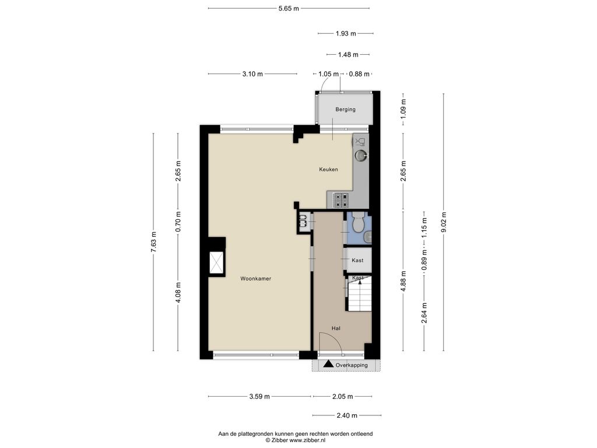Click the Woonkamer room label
click(255, 279)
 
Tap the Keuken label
click(328, 170)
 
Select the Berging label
click(345, 109)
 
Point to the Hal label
click(336, 328)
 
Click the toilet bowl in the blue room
click(359, 222)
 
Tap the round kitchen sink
click(361, 155)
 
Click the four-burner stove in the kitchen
click(340, 200)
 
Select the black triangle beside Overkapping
click(328, 364)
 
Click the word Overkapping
click(352, 365)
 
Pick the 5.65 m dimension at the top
click(289, 8)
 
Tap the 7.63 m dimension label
click(153, 242)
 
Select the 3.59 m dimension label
click(259, 397)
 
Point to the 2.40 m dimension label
click(347, 415)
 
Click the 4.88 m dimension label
click(403, 281)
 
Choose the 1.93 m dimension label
click(346, 33)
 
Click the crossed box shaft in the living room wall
click(217, 263)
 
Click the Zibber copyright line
click(296, 440)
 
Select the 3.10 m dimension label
click(252, 74)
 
